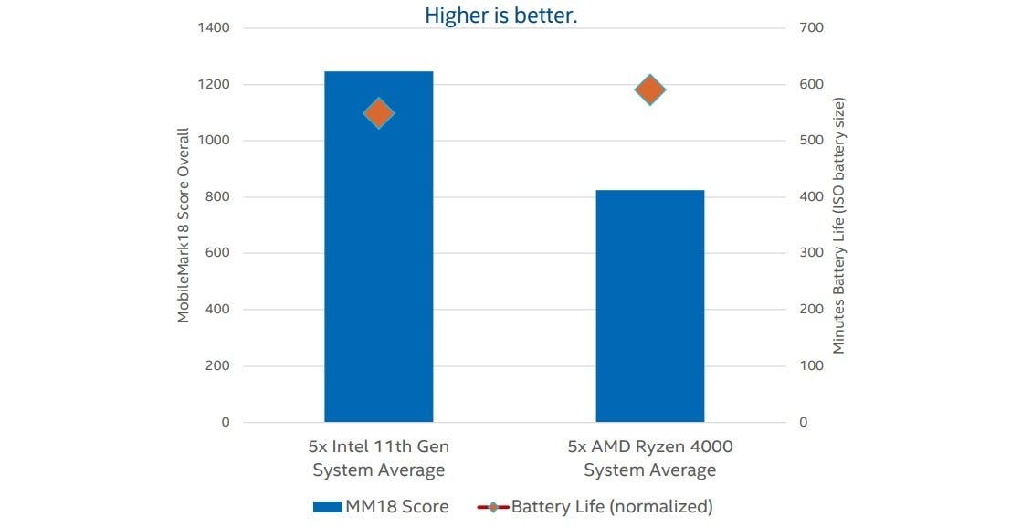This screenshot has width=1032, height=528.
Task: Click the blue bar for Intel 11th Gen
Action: click(378, 274)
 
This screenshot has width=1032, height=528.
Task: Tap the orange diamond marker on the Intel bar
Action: click(378, 113)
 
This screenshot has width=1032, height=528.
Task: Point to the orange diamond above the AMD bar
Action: click(649, 90)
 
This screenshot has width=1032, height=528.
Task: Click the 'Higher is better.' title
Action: click(500, 16)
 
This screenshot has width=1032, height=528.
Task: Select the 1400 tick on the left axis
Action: click(214, 27)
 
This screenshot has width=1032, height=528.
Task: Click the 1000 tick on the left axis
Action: click(214, 141)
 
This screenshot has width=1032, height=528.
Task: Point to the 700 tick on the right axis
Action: click(811, 27)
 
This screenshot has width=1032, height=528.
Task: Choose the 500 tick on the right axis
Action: click(811, 141)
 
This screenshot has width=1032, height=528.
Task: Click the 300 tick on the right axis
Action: click(811, 253)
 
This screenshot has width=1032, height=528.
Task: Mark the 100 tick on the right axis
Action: click(811, 365)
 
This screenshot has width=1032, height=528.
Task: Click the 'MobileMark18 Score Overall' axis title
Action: click(184, 225)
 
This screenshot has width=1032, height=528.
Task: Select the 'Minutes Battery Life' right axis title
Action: click(838, 225)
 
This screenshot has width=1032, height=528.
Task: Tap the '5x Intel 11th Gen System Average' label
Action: click(378, 459)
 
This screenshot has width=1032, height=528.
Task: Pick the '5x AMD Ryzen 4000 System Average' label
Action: click(649, 459)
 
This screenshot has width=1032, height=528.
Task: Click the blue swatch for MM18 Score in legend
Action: click(327, 506)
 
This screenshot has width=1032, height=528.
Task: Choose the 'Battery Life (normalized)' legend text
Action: click(611, 506)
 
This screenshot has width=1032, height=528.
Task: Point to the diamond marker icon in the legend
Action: click(493, 506)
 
